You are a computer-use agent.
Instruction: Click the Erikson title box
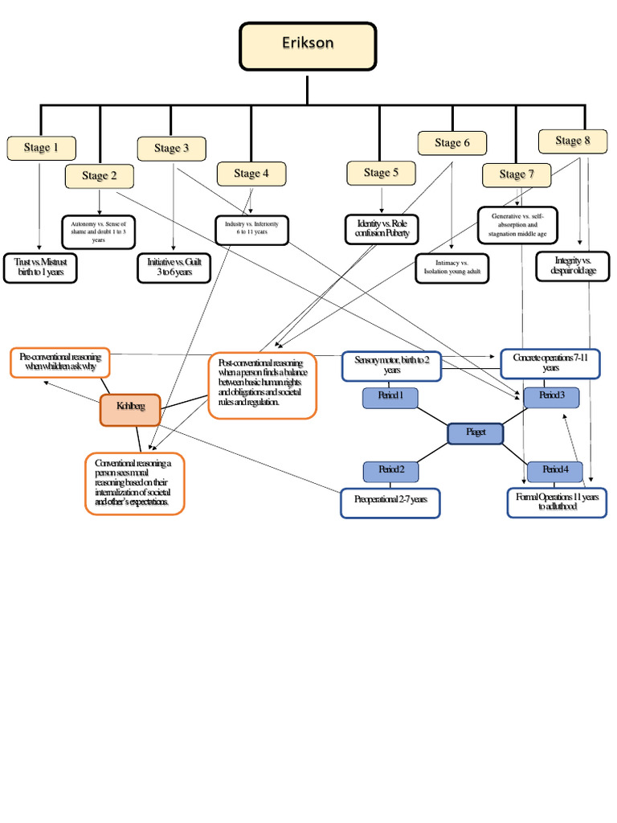[x=307, y=46]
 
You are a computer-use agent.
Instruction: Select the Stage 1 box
[x=41, y=148]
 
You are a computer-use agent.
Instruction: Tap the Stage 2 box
[x=100, y=176]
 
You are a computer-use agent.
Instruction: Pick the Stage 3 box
[x=171, y=149]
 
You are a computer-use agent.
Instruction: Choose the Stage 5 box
[x=381, y=173]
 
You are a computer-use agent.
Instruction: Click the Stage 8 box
[x=572, y=141]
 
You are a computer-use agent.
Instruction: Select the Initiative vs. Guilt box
[x=174, y=267]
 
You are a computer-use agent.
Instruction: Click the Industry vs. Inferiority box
[x=251, y=229]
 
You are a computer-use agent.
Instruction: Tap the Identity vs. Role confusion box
[x=382, y=228]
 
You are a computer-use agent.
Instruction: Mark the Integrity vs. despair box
[x=572, y=266]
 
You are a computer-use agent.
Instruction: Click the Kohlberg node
[x=130, y=410]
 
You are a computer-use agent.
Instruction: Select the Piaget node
[x=476, y=433]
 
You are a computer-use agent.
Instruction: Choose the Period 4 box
[x=554, y=470]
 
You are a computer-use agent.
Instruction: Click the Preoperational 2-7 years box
[x=390, y=502]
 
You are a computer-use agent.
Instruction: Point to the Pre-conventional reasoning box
[x=59, y=362]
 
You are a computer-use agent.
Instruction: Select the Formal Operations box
[x=557, y=502]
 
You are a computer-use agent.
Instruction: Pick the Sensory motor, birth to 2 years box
[x=391, y=366]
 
